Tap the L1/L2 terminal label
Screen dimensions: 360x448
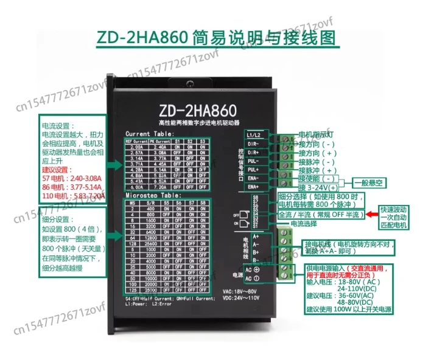(254, 133)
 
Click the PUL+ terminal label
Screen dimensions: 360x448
(254, 170)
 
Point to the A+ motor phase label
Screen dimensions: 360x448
(256, 236)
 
